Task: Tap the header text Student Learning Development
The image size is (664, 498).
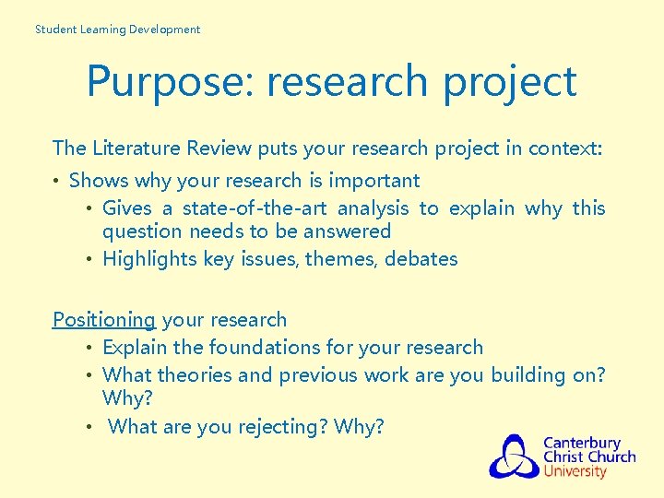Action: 117,30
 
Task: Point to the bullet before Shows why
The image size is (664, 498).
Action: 57,181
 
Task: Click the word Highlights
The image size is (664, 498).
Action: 148,259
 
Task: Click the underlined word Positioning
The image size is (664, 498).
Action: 104,320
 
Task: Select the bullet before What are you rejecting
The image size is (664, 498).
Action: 90,427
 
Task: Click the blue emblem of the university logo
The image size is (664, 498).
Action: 514,456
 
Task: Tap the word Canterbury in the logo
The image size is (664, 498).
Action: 582,443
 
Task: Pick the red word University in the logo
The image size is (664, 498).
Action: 575,472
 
